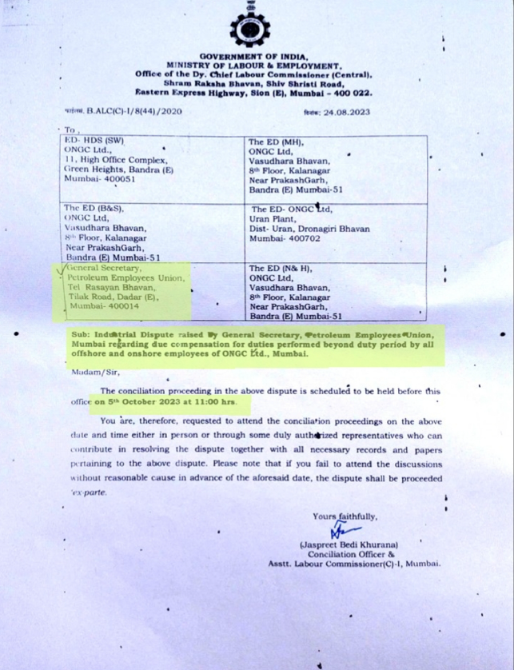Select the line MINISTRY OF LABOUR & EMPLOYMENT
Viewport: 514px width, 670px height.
point(254,66)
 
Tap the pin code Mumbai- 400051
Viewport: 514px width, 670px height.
point(98,179)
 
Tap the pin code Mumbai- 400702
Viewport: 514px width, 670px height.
point(285,238)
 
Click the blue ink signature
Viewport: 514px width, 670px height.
point(341,530)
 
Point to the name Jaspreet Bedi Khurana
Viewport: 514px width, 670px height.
point(349,544)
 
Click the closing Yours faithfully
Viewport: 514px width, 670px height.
point(345,516)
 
